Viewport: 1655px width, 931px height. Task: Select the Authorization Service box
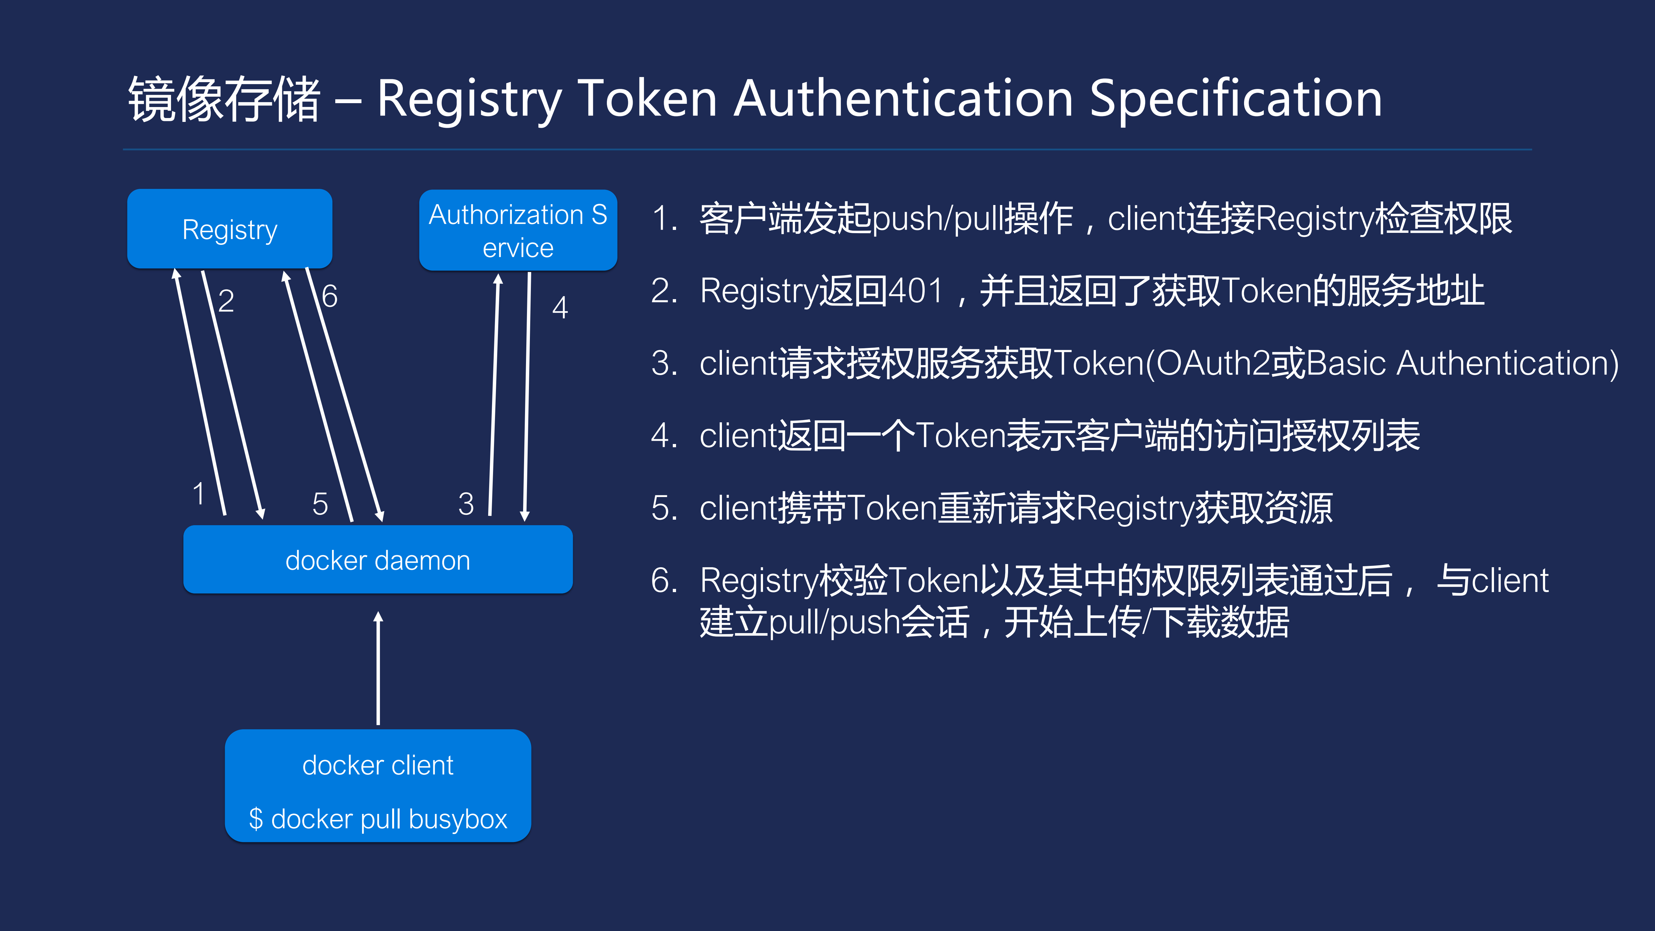pos(518,230)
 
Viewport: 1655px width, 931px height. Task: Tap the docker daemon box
pos(378,560)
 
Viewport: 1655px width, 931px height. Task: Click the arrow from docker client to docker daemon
pos(378,668)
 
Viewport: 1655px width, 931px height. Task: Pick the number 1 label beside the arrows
pos(199,493)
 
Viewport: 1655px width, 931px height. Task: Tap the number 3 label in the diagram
pos(466,504)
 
